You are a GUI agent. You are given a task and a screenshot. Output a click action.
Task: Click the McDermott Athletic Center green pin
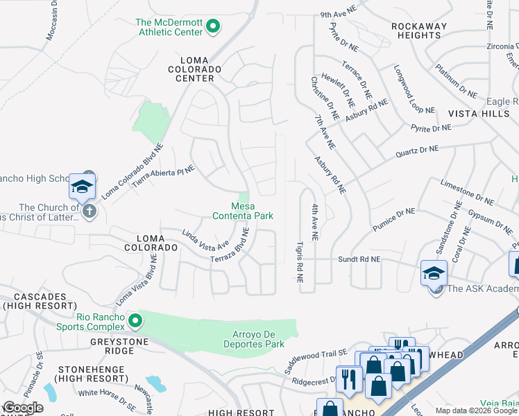click(214, 27)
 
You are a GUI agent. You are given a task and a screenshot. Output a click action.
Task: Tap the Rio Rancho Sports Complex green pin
click(136, 320)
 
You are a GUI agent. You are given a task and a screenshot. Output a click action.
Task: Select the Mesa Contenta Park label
click(252, 211)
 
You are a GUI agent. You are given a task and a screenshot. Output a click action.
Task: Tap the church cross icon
click(89, 211)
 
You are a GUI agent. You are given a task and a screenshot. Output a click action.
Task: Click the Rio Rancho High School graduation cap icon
click(82, 188)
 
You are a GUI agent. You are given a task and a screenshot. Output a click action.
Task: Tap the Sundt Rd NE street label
click(359, 259)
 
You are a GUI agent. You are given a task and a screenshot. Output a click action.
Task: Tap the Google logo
click(24, 408)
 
